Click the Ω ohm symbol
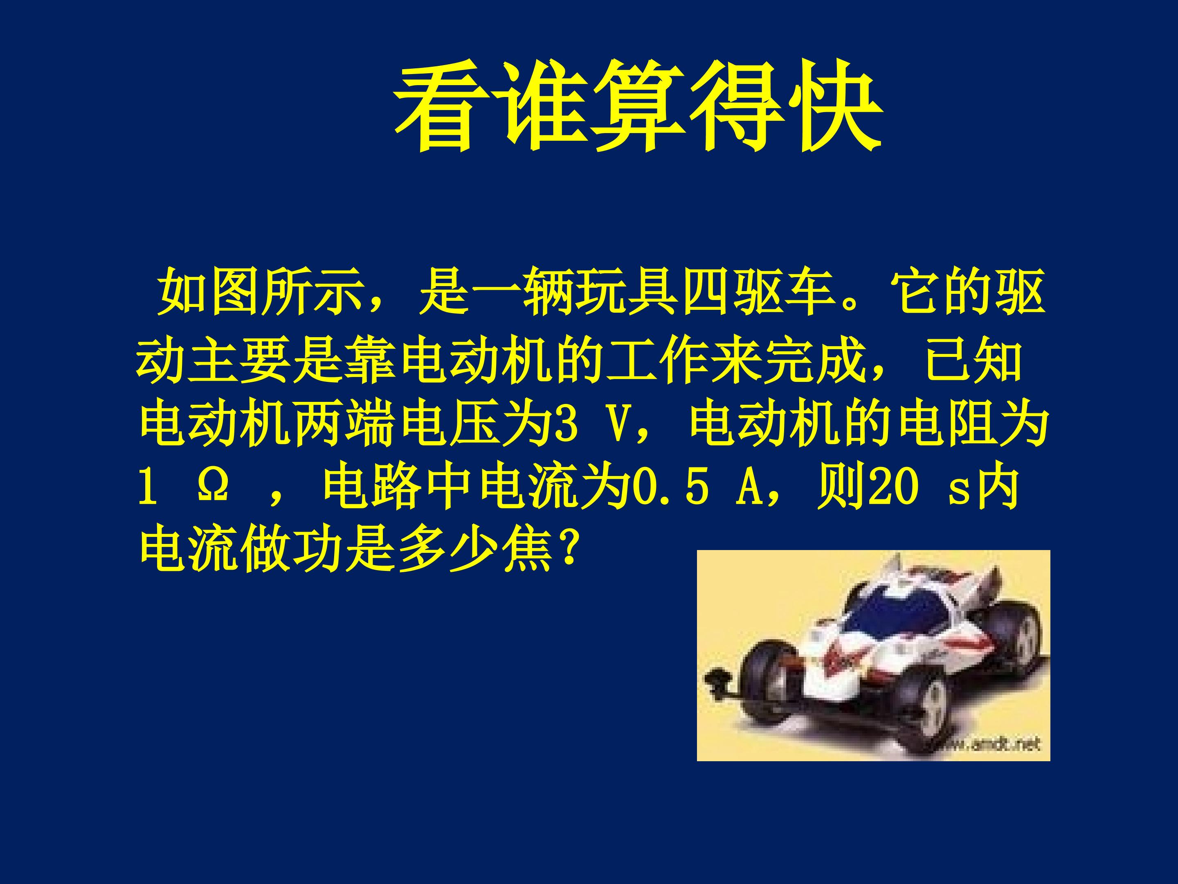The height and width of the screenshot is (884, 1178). click(214, 489)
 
